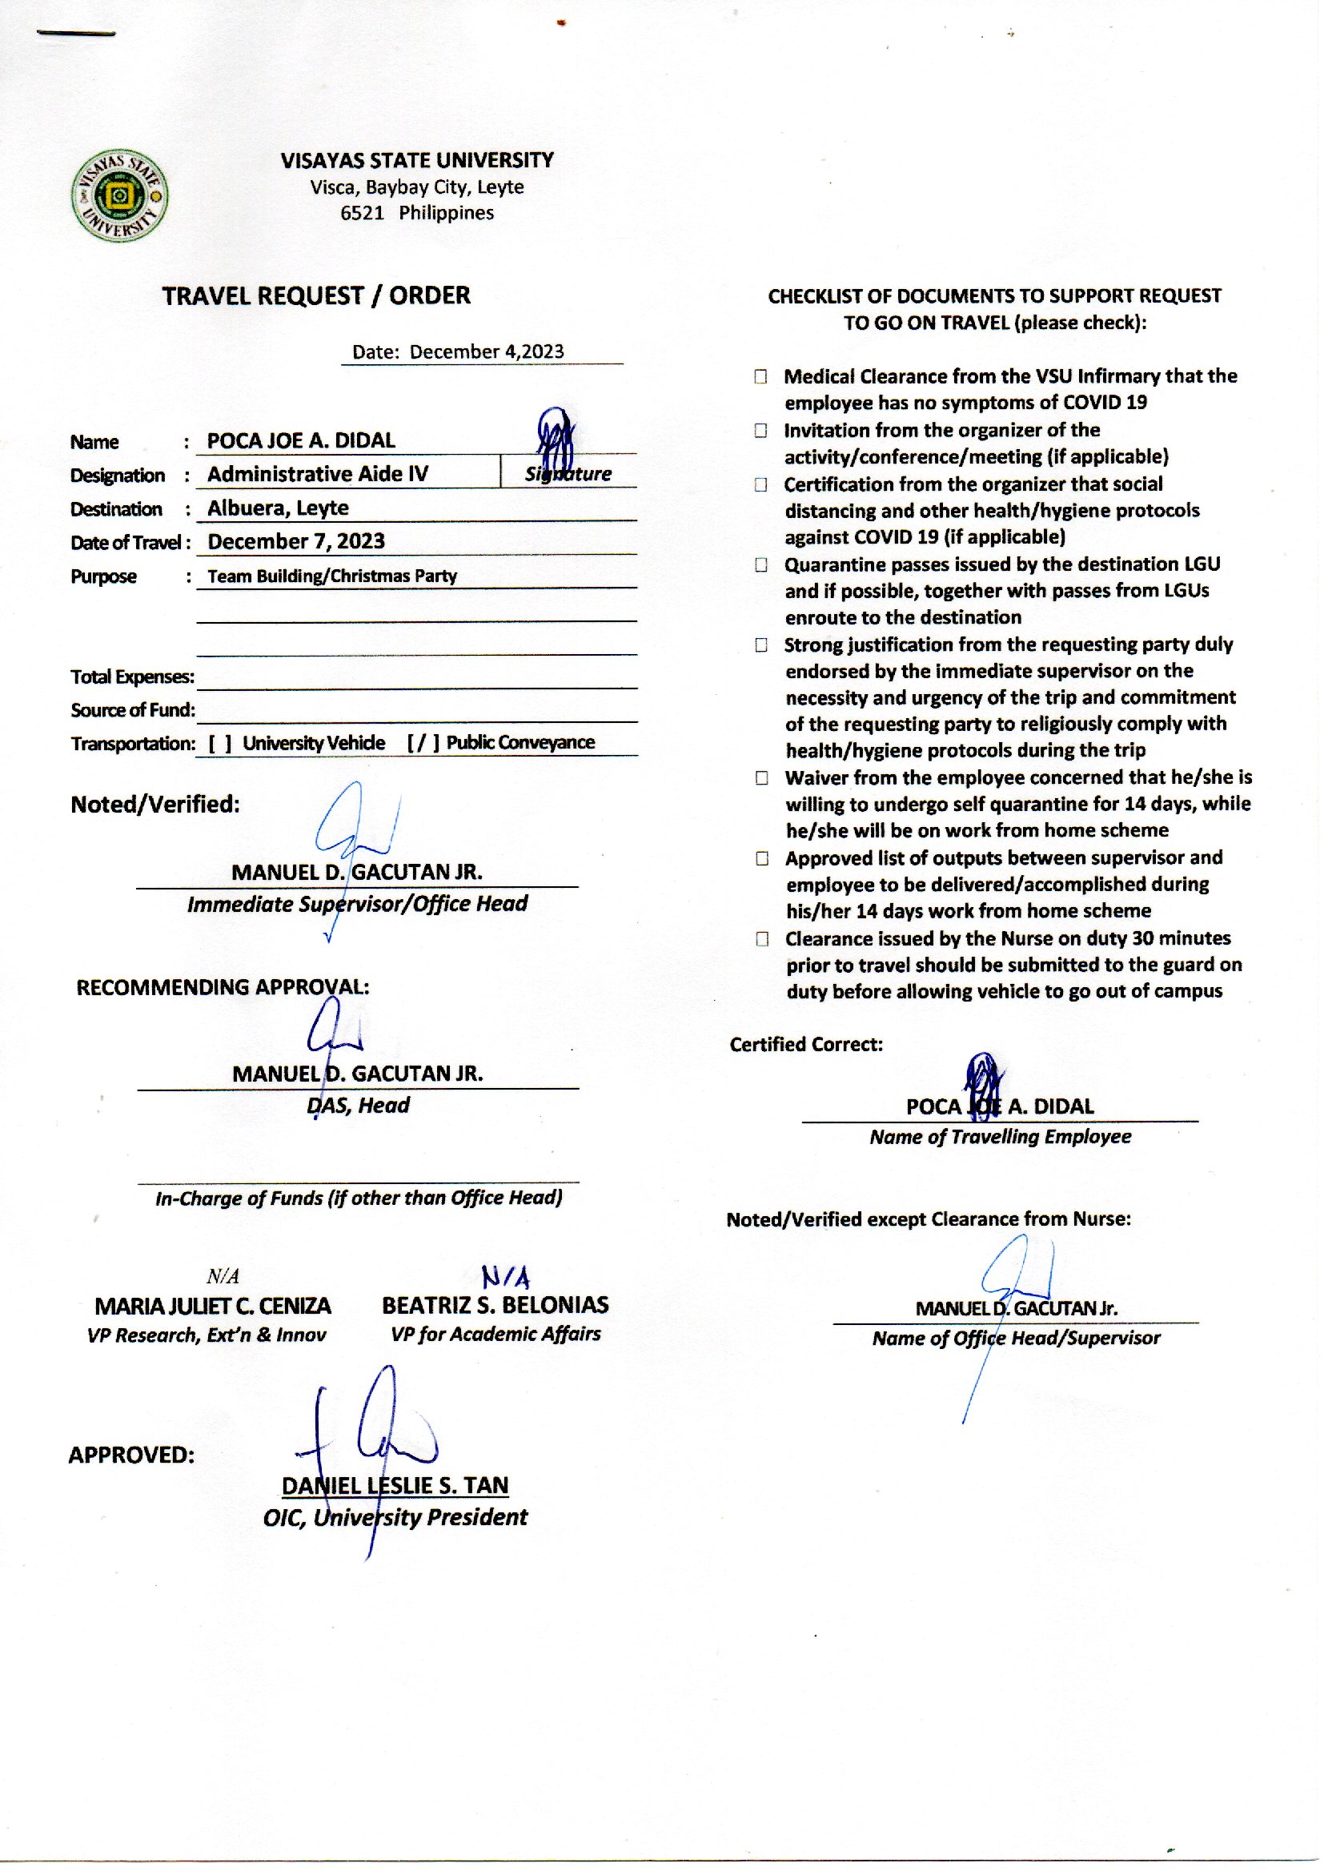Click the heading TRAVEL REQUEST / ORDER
click(x=315, y=295)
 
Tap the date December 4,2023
click(x=486, y=351)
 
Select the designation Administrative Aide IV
click(x=317, y=474)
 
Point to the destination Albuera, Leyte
click(x=277, y=508)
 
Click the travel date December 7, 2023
click(x=296, y=541)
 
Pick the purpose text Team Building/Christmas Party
click(x=332, y=576)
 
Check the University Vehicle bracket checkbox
click(x=220, y=744)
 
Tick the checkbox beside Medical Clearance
click(x=760, y=376)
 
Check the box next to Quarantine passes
click(x=760, y=564)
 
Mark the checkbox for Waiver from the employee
click(x=761, y=777)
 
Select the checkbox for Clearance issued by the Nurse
click(x=761, y=939)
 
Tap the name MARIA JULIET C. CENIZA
click(x=213, y=1306)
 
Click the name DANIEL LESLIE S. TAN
click(x=395, y=1485)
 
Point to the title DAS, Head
click(x=358, y=1105)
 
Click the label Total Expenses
click(x=132, y=677)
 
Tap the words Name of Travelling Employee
click(x=1000, y=1137)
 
